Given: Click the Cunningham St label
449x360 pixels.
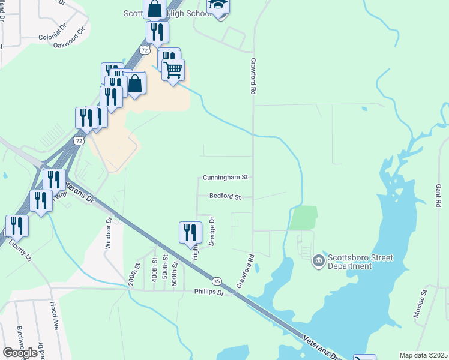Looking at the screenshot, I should (225, 178).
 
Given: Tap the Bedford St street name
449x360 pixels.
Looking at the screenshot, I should (225, 196).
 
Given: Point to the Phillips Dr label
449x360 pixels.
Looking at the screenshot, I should (208, 292).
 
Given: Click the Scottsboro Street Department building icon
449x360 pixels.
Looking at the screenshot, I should (318, 261).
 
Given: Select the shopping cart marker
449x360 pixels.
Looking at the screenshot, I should (173, 70).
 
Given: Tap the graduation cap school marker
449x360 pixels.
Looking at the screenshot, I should (218, 6).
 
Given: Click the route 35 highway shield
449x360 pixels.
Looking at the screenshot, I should (217, 281).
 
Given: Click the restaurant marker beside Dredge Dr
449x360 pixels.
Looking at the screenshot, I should (190, 232).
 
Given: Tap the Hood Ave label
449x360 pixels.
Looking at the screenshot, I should (55, 316).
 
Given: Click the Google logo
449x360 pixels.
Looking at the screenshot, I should (20, 352).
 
